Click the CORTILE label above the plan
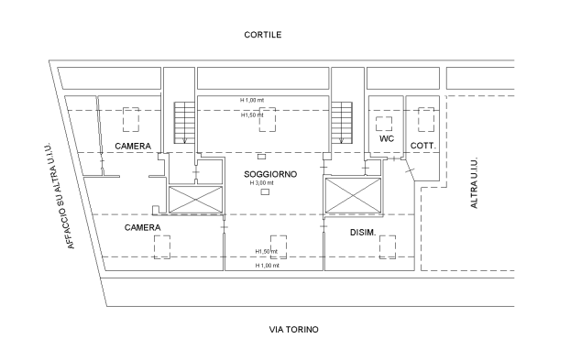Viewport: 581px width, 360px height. [263, 35]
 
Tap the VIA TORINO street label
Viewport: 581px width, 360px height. [294, 330]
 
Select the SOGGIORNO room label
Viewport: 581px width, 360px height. [270, 174]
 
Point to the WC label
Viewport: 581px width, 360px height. [387, 138]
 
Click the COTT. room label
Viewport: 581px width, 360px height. [423, 146]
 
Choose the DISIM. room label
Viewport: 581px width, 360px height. [363, 233]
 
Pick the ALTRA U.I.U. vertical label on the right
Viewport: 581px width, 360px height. [474, 183]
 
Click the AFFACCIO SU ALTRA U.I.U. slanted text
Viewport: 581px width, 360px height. [60, 195]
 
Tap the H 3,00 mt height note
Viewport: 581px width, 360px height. [261, 183]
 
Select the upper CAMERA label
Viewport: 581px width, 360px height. [133, 147]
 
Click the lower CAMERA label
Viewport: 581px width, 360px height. [143, 227]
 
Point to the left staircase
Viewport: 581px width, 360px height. [184, 123]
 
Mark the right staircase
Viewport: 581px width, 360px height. [342, 123]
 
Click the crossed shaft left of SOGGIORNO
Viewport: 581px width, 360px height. [195, 200]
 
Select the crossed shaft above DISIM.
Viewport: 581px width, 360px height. [353, 196]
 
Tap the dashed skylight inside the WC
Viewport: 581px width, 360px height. [384, 124]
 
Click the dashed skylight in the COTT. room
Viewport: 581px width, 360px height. [426, 119]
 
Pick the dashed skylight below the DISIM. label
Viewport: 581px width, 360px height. [388, 247]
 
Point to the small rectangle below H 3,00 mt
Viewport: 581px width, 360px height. [265, 191]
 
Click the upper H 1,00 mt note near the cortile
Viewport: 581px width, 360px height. [252, 100]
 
